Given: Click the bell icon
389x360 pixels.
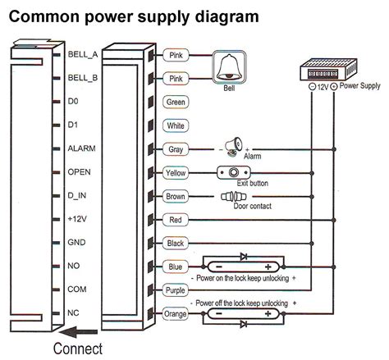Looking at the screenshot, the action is click(229, 67).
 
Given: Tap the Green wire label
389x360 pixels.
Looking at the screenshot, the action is click(176, 103).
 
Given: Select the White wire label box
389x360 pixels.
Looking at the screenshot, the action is click(176, 125).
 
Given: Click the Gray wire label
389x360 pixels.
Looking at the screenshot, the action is click(176, 149).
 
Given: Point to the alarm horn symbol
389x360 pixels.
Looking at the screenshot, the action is click(234, 147).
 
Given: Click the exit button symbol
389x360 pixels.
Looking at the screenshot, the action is click(234, 173).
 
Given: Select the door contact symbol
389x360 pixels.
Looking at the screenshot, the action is click(234, 196).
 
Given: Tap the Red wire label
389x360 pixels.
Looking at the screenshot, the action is click(176, 220).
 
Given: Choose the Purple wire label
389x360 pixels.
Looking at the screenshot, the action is click(176, 290).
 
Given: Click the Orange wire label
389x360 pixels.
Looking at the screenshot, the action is click(176, 314).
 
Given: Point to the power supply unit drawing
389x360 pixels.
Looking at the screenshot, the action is click(328, 70).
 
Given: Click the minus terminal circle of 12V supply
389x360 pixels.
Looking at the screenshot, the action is click(312, 87).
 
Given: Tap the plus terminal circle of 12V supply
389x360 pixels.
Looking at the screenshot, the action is click(333, 87).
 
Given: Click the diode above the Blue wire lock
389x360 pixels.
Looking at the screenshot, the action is click(244, 257).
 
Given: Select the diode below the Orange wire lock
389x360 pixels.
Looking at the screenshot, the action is click(244, 324).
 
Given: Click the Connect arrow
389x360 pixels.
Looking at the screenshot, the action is click(79, 332).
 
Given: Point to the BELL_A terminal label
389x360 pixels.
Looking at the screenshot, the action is click(83, 54).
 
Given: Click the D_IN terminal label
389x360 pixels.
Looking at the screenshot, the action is click(77, 196).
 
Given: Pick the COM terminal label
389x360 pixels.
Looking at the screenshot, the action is click(77, 289).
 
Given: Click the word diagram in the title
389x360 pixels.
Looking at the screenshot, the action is click(227, 17).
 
